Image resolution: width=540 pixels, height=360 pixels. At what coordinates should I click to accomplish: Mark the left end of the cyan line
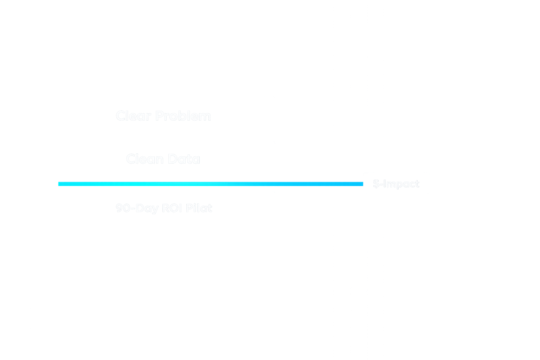tap(59, 184)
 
